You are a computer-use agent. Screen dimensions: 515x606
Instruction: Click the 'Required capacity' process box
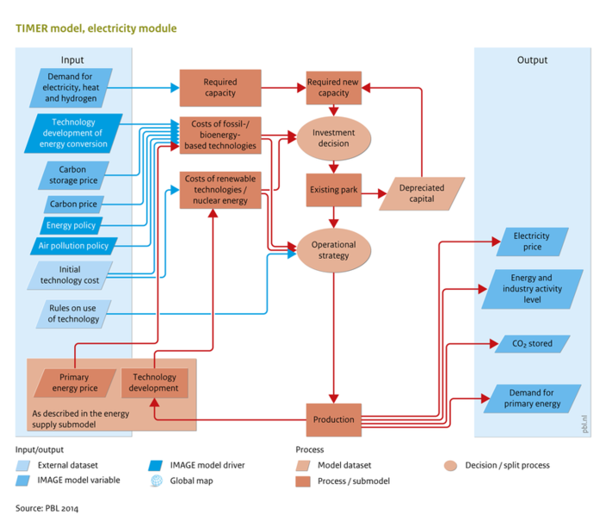click(220, 88)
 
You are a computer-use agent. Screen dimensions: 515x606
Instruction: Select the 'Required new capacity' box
click(334, 88)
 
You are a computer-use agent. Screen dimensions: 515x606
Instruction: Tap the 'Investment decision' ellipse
click(334, 138)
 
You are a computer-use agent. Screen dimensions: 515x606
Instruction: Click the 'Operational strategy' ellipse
click(334, 250)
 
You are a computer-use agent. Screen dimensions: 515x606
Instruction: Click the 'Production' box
click(334, 420)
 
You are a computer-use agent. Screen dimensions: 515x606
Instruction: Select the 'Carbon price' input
click(73, 205)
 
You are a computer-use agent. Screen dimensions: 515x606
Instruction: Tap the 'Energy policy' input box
click(73, 225)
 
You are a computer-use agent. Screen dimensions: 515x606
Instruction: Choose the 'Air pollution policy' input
click(73, 246)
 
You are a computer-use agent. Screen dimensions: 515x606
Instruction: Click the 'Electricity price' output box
click(531, 242)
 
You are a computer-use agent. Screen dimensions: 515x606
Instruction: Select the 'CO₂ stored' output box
click(531, 344)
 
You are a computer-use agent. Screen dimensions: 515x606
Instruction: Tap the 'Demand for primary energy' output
click(531, 397)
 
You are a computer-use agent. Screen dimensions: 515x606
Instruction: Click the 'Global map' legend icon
click(156, 481)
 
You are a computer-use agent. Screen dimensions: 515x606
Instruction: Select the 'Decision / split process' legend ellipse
click(452, 465)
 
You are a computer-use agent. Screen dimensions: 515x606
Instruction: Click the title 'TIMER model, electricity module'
click(96, 28)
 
